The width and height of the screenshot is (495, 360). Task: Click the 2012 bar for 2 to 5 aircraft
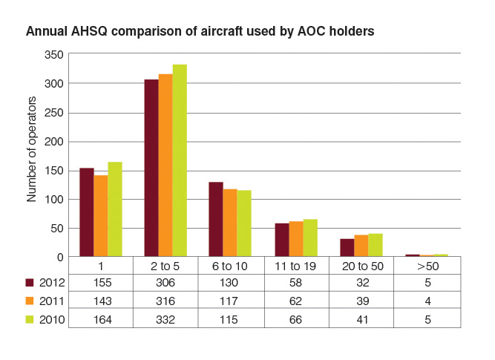click(151, 168)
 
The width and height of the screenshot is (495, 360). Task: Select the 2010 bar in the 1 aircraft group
click(115, 209)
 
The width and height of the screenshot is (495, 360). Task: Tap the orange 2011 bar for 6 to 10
click(230, 223)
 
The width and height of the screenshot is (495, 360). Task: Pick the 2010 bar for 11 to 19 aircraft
click(310, 238)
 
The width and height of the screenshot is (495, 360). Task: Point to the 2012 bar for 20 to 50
click(347, 248)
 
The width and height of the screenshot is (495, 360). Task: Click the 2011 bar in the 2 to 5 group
click(165, 166)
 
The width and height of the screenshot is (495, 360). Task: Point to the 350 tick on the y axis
click(54, 55)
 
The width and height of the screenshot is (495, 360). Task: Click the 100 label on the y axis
click(54, 200)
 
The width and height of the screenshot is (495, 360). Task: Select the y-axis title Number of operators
click(32, 149)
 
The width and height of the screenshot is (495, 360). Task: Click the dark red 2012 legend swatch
click(30, 282)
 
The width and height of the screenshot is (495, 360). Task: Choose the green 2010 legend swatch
click(30, 320)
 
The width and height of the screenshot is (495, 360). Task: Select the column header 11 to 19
click(295, 266)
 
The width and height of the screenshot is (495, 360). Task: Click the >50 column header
click(427, 266)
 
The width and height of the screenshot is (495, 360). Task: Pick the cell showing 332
click(165, 320)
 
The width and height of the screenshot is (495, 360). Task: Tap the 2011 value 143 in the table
click(102, 301)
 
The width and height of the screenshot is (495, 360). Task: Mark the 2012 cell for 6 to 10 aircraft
click(229, 282)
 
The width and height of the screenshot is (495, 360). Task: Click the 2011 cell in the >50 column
click(427, 301)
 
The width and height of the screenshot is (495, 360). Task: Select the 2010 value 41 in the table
click(362, 320)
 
